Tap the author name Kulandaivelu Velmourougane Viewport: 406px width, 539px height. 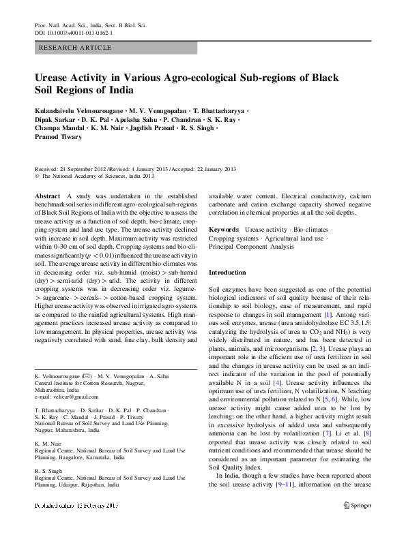click(81, 110)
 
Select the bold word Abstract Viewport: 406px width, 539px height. click(46, 195)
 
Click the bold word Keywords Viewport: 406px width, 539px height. click(224, 230)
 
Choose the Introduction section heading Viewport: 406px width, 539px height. click(227, 272)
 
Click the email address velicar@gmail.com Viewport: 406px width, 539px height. click(66, 397)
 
